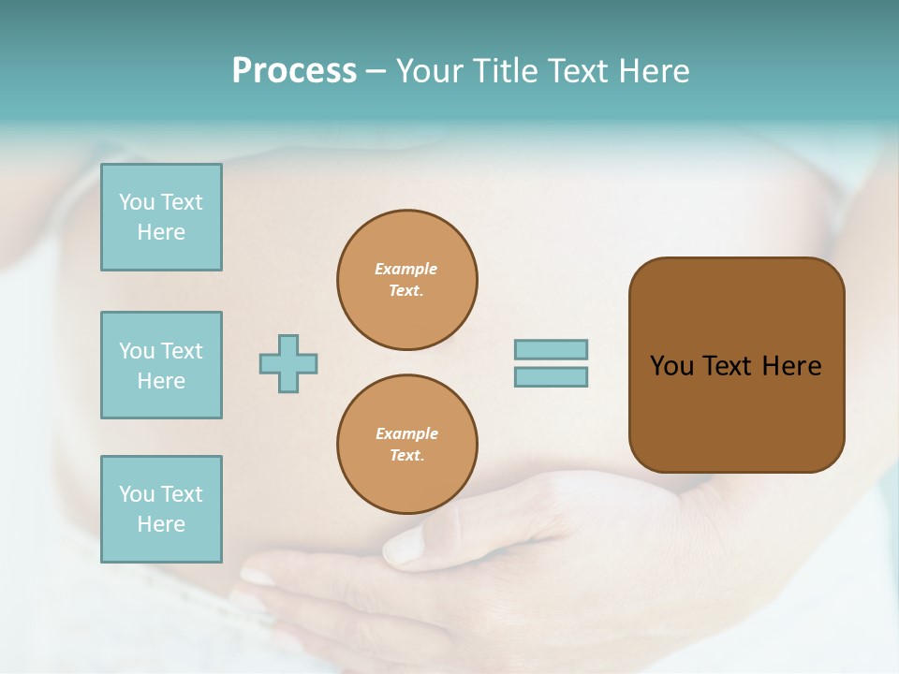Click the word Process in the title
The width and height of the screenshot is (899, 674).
coord(294,70)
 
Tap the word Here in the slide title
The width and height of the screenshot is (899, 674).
coord(655,70)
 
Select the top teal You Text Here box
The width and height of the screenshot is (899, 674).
coord(161,217)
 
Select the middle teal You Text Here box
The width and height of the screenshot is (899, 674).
coord(161,365)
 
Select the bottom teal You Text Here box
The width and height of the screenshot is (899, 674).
coord(161,508)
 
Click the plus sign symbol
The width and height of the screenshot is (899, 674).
coord(288,363)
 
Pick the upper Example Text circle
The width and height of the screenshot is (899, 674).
coord(406,280)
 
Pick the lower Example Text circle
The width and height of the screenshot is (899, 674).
coord(406,445)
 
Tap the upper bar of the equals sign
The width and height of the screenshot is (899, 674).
coord(551,349)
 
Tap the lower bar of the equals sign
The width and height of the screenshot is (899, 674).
coord(551,377)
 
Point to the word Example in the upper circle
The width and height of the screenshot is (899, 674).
coord(405,269)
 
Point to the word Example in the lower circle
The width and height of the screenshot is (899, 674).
coord(406,433)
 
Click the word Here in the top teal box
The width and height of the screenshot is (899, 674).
coord(161,232)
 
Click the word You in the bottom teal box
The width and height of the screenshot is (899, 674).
coord(137,493)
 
